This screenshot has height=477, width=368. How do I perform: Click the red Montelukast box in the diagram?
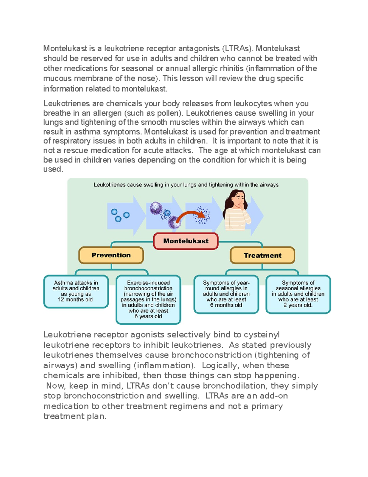point(186,241)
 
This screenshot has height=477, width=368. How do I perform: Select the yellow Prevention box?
point(111,255)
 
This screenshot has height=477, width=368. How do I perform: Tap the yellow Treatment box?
point(262,256)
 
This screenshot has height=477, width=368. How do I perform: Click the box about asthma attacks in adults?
point(76,291)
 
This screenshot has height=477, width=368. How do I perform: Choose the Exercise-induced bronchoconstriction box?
point(148,299)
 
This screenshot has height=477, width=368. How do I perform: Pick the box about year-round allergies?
point(226,294)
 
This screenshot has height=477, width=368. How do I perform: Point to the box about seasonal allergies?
point(298,294)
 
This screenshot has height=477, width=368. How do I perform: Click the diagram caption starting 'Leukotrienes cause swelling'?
point(186,185)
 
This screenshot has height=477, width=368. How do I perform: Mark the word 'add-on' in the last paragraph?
point(274,396)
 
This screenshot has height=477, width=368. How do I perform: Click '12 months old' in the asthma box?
point(75,299)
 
